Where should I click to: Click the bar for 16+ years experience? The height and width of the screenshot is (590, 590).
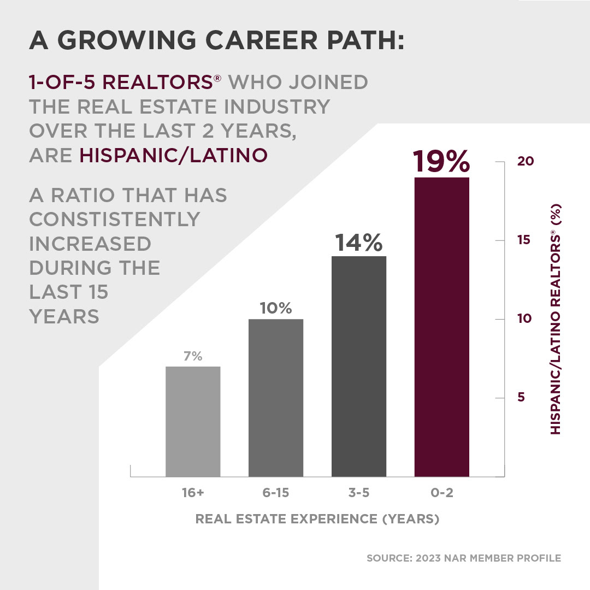coord(193,421)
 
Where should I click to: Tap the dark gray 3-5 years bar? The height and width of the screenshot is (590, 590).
coord(359,366)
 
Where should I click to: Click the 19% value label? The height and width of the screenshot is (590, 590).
coord(441,161)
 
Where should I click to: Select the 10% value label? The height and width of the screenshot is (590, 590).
coord(276,308)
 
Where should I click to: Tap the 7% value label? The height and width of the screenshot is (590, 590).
coord(193,357)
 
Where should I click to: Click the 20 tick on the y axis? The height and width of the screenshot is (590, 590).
coord(524,162)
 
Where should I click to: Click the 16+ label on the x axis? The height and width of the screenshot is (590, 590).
coord(193,493)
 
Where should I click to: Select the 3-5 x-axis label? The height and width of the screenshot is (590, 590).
coord(359,493)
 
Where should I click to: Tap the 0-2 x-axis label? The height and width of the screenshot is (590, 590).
coord(442,493)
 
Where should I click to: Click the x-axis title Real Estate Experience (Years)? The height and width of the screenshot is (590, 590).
coord(317,519)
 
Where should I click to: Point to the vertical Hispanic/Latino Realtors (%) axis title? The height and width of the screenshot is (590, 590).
coord(556,319)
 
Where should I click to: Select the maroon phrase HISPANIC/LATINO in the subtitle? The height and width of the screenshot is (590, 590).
coord(174,155)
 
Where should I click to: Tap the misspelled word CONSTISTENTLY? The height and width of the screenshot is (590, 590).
coord(115,219)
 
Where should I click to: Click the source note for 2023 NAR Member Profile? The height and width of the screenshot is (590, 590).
coord(464,558)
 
